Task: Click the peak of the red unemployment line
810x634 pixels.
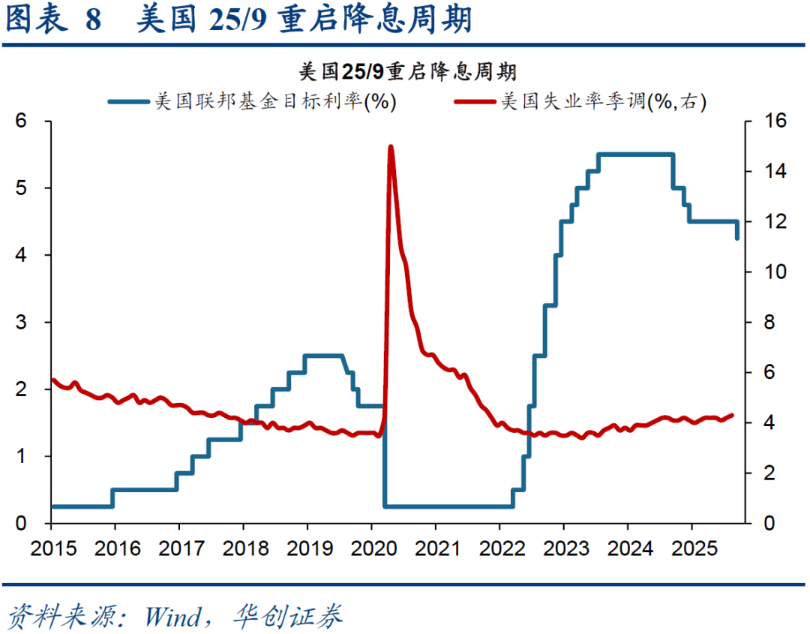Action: coord(391,147)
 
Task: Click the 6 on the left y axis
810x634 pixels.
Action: coord(22,121)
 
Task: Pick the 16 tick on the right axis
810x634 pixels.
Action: coord(775,121)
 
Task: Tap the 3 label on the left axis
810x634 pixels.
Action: coord(22,322)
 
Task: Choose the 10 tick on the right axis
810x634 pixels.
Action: coord(775,272)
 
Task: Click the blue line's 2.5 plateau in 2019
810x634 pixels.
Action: coord(323,356)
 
